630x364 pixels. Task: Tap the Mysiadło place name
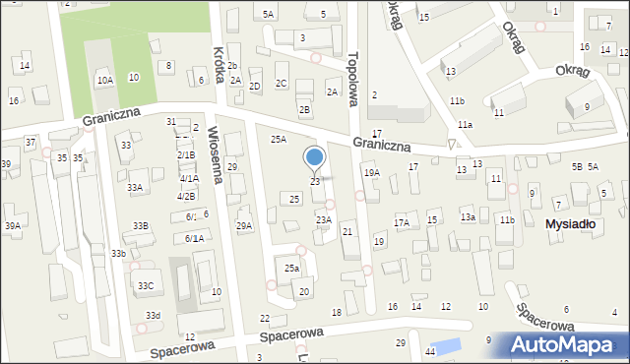[571, 224]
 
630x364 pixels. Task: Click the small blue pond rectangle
[445, 345]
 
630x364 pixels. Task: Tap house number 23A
[323, 219]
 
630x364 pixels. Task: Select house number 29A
[243, 226]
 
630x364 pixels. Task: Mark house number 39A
[12, 226]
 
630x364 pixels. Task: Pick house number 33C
[146, 286]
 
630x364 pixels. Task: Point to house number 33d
[153, 315]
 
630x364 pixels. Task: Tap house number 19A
[371, 172]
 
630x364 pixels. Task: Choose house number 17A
[401, 223]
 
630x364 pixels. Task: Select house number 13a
[469, 217]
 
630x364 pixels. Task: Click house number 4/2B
[186, 196]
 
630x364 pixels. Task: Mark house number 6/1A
[194, 238]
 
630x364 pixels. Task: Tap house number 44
[430, 351]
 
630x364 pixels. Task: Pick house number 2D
[254, 87]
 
